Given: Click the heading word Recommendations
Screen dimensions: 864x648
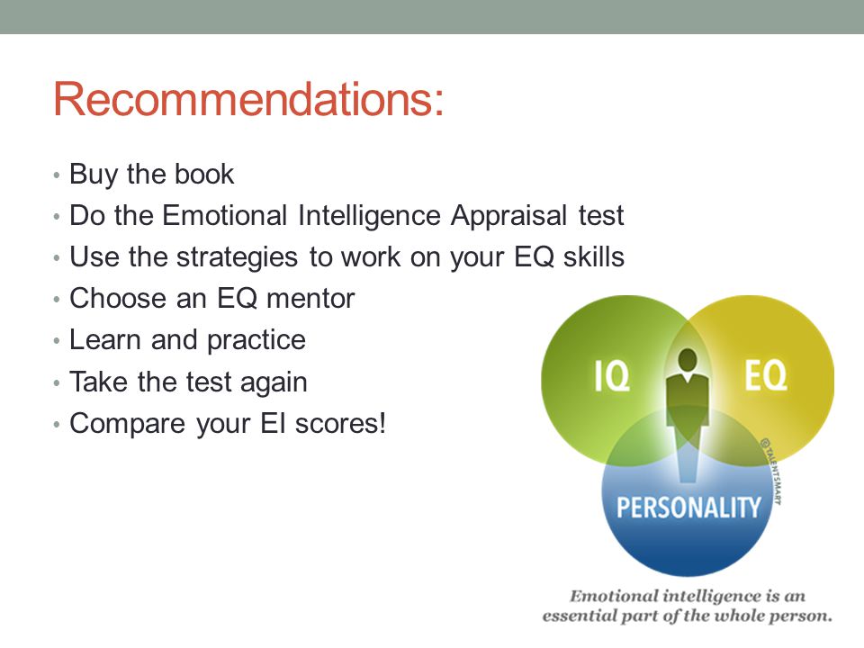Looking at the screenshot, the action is click(x=248, y=99).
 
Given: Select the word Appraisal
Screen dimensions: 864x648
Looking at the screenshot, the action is click(x=509, y=216).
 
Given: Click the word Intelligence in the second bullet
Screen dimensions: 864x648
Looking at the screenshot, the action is click(x=369, y=216).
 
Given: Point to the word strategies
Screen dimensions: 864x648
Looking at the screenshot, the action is click(x=237, y=258).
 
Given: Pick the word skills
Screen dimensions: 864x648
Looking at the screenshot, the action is click(x=593, y=256).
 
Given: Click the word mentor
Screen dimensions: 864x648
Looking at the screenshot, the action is click(x=310, y=299).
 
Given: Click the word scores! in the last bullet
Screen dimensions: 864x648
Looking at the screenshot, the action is click(x=340, y=423).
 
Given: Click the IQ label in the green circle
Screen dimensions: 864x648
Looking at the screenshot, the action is click(x=612, y=376).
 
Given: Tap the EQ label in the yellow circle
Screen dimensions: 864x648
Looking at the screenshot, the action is click(x=766, y=375).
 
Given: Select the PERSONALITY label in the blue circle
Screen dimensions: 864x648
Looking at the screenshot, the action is click(x=688, y=507).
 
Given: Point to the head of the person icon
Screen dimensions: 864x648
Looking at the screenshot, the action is click(x=688, y=361).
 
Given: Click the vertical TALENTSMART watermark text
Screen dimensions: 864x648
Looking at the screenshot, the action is click(x=771, y=471).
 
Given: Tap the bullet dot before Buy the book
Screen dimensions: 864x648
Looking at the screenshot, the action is click(x=56, y=175).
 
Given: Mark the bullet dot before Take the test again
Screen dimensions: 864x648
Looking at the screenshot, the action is click(x=56, y=383).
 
